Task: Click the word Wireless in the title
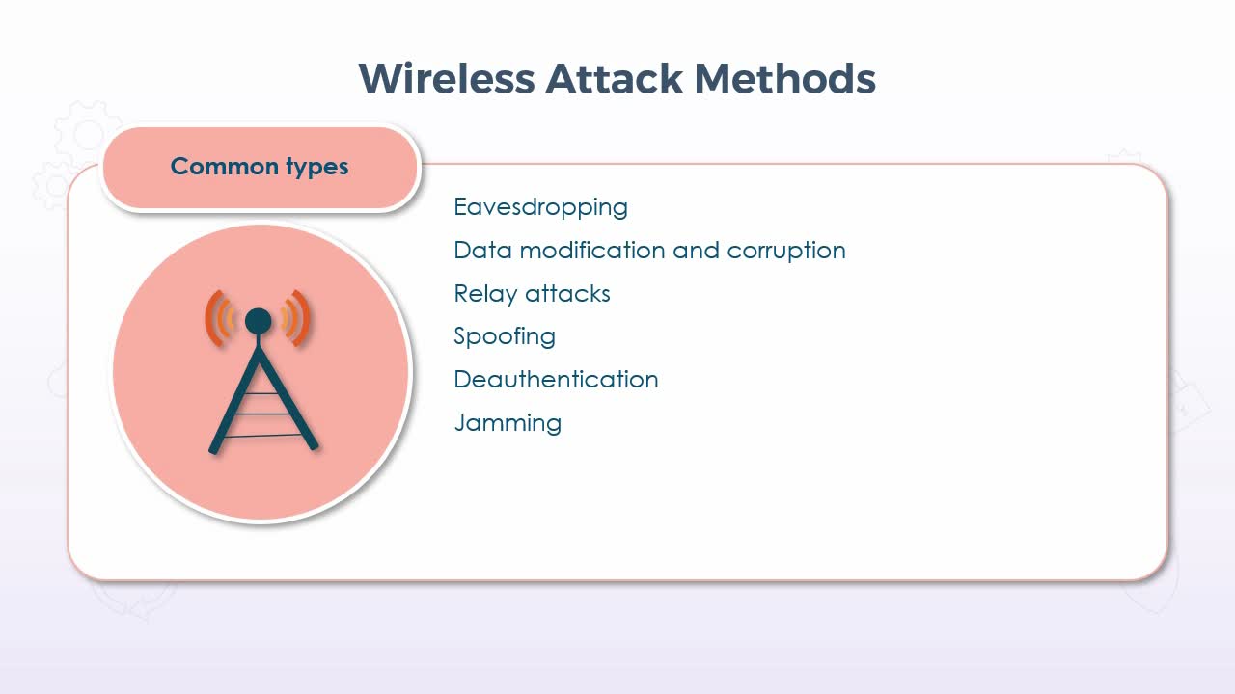(x=447, y=79)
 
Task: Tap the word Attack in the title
(x=615, y=79)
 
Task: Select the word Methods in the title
(x=785, y=79)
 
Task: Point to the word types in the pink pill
(x=317, y=167)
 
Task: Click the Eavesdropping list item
(x=541, y=207)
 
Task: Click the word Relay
(x=485, y=294)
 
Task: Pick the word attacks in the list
(x=568, y=294)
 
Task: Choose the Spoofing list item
(x=505, y=336)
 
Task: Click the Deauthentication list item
(x=557, y=380)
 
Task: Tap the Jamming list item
(x=508, y=423)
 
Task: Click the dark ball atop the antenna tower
(x=258, y=321)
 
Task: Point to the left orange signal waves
(x=220, y=318)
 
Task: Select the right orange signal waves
(x=295, y=318)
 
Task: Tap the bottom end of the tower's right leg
(x=314, y=445)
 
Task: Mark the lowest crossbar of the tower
(x=263, y=436)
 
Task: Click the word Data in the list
(x=483, y=250)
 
